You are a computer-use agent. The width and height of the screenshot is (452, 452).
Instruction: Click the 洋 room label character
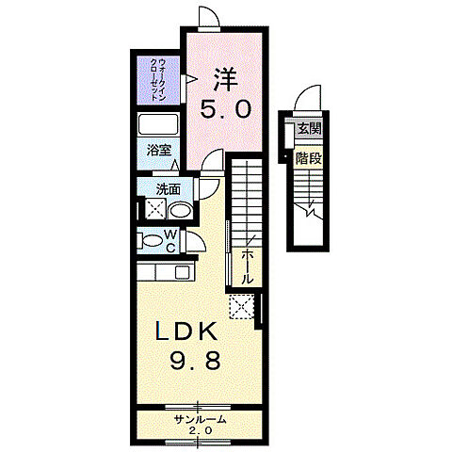(225, 79)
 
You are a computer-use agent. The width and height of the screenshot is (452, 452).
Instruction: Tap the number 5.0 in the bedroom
(226, 109)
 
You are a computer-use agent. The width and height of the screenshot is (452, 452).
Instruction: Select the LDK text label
(186, 331)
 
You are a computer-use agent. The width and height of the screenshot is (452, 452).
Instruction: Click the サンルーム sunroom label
(201, 419)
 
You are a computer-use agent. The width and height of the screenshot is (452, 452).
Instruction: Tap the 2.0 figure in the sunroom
(201, 430)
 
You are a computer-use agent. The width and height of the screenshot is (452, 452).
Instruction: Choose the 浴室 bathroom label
(159, 151)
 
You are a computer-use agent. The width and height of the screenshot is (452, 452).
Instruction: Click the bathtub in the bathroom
(158, 124)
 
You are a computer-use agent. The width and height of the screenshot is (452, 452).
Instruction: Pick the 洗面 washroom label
(169, 189)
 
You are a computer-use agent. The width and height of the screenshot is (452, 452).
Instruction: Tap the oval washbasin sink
(181, 211)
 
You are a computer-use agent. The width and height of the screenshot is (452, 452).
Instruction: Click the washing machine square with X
(155, 207)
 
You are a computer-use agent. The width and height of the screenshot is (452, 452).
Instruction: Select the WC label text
(170, 241)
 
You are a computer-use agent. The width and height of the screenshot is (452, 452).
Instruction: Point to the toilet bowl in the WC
(152, 241)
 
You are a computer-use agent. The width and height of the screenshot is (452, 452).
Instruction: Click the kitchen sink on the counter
(183, 272)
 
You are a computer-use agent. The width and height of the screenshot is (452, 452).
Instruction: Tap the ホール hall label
(247, 267)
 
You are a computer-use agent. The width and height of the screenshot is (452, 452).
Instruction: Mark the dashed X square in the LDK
(242, 306)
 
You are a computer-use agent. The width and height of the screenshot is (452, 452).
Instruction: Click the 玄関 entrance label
(310, 129)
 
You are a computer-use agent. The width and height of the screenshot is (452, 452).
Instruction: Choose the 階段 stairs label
(309, 158)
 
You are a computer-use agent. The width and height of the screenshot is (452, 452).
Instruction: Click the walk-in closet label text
(158, 79)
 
